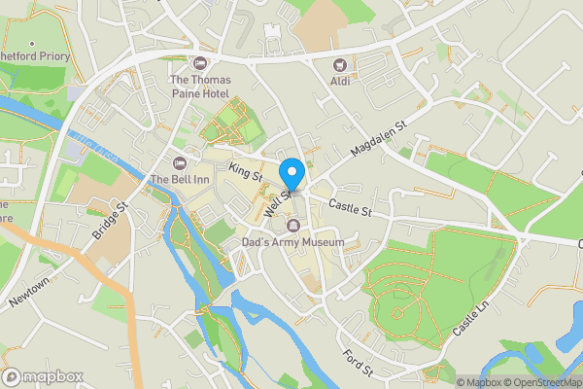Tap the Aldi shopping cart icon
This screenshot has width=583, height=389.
click(x=340, y=65)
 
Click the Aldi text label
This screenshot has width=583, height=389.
click(x=340, y=83)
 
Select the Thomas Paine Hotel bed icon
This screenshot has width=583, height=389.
click(x=201, y=63)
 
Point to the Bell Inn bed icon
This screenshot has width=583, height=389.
click(x=178, y=161)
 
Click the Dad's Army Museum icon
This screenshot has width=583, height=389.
click(x=292, y=227)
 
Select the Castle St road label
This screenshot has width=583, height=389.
click(x=350, y=208)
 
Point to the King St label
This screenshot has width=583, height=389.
click(x=246, y=173)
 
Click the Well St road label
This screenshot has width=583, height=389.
click(x=278, y=191)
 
